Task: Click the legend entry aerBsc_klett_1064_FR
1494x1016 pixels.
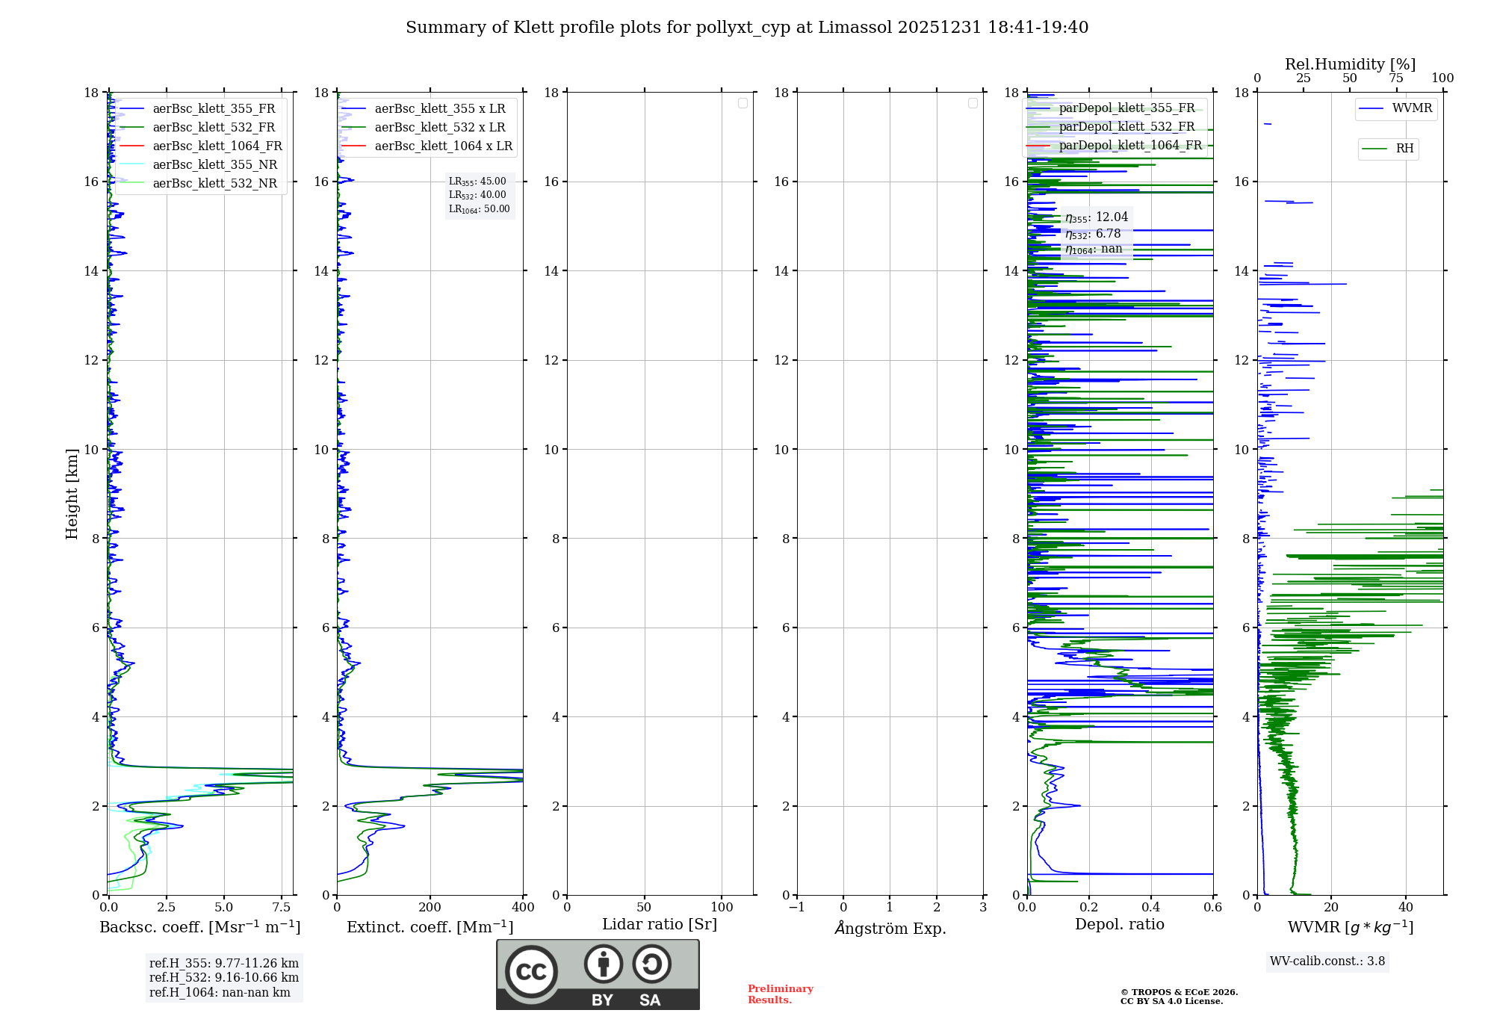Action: [217, 146]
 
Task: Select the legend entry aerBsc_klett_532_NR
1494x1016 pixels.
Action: [214, 183]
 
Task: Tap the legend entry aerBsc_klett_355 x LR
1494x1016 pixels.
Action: [439, 108]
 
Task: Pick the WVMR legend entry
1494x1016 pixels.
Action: [1412, 108]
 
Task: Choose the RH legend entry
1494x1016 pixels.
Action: [1404, 149]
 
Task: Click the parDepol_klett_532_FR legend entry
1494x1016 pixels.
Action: [1126, 126]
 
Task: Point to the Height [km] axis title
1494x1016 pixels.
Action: [72, 493]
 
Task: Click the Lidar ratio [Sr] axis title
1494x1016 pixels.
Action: [659, 924]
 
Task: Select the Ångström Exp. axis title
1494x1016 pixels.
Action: [890, 928]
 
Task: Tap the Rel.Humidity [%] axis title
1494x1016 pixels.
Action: [1350, 64]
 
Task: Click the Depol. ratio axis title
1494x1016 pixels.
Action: [1119, 924]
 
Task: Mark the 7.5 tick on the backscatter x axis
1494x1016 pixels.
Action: [282, 907]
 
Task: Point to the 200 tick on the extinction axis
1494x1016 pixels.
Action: [430, 907]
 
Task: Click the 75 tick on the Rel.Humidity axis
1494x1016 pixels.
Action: [1396, 78]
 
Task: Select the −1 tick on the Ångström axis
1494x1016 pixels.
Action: [796, 907]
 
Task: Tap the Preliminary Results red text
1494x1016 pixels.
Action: [780, 994]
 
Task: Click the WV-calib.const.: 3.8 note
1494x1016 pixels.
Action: [1327, 961]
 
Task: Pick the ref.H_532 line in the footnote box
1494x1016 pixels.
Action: [223, 977]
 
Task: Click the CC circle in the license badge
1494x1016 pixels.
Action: [531, 971]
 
